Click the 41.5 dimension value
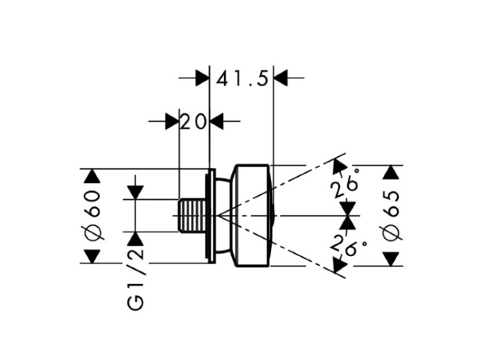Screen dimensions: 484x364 click(242, 79)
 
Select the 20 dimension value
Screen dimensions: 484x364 click(193, 122)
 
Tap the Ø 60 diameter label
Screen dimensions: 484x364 click(92, 215)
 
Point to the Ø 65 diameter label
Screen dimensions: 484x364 click(391, 215)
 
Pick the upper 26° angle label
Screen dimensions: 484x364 click(345, 184)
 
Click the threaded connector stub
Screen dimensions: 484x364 click(192, 215)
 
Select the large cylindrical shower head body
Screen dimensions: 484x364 click(253, 215)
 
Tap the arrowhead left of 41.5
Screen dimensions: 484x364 click(202, 78)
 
